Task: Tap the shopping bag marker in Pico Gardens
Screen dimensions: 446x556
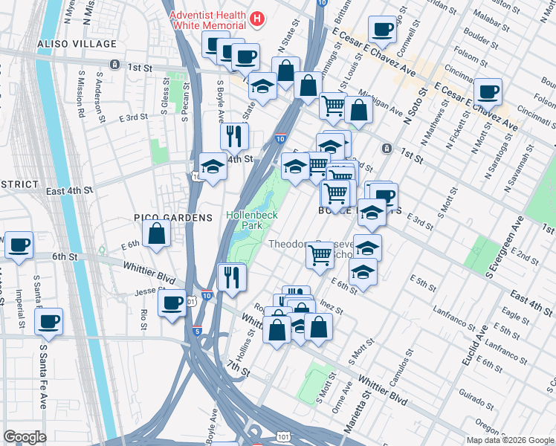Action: tap(157, 233)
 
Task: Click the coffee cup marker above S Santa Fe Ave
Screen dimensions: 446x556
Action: tap(49, 321)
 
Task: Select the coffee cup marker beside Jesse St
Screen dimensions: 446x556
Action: tap(172, 303)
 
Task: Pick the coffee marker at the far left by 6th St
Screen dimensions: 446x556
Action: tap(19, 245)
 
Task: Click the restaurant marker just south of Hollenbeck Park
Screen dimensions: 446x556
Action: tap(232, 277)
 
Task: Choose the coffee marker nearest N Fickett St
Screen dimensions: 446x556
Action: tap(488, 92)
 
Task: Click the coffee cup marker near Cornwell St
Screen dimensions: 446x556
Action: tap(383, 30)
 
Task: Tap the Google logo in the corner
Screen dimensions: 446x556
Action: tap(25, 437)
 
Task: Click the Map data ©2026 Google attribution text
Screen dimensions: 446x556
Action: tap(509, 440)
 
